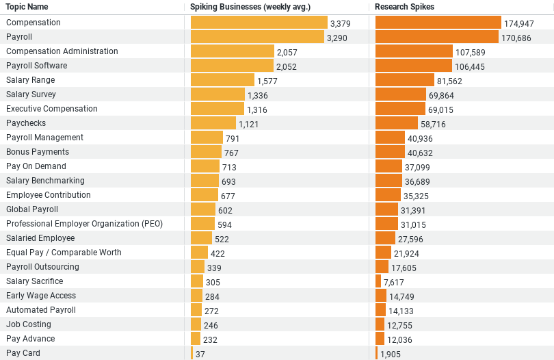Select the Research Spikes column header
coord(404,7)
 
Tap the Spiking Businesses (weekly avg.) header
coord(250,7)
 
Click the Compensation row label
coord(34,23)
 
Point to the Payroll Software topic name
coord(37,66)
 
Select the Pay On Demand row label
coord(36,166)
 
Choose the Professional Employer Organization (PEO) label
coord(85,224)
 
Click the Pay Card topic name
coord(23,353)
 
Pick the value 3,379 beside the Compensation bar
coord(340,23)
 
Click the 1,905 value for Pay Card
coord(391,354)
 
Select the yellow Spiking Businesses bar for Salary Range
coord(222,80)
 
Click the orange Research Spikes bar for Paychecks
coord(397,123)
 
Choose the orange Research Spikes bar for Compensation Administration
coord(414,51)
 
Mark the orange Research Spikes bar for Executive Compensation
coord(400,109)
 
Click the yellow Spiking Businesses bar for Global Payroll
coord(203,209)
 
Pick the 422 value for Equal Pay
coord(217,253)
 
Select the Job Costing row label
coord(29,324)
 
